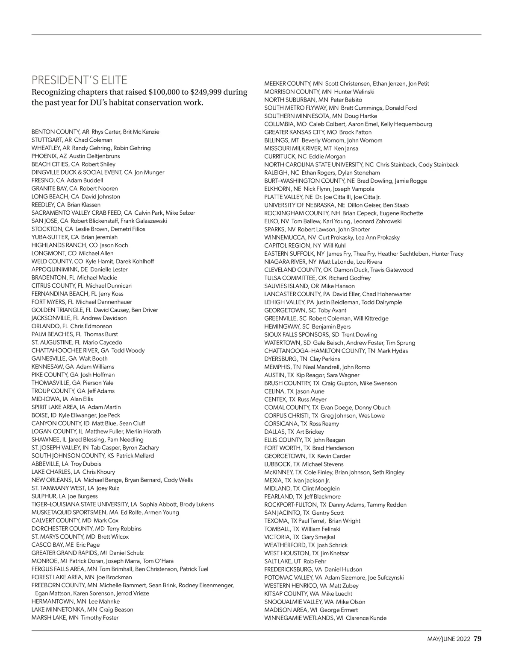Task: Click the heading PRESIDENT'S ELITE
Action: pos(80,80)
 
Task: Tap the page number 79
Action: pos(478,639)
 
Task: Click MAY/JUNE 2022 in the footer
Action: pos(448,639)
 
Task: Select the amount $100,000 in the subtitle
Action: pos(165,92)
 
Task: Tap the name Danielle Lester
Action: pos(109,269)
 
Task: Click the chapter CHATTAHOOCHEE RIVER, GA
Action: pos(70,350)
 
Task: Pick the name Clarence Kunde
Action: pos(366,618)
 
